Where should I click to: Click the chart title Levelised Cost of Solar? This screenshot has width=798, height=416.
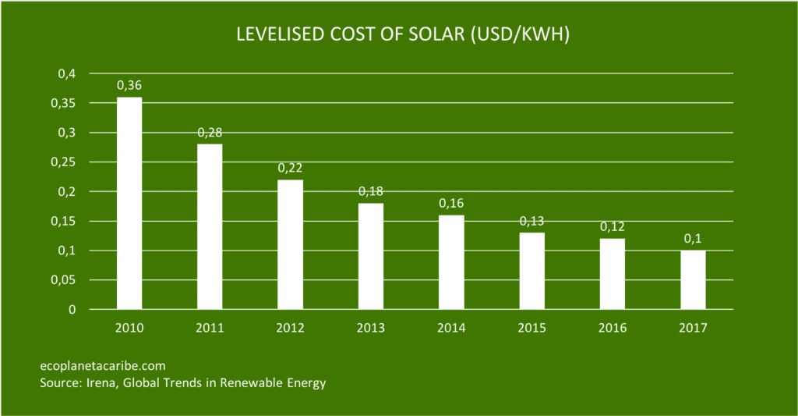click(398, 36)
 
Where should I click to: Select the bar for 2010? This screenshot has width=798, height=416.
click(129, 203)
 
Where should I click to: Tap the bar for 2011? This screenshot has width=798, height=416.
click(210, 226)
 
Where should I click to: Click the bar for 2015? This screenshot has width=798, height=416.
click(532, 271)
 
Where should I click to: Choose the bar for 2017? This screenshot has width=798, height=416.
click(693, 279)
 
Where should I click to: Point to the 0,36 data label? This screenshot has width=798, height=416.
click(129, 84)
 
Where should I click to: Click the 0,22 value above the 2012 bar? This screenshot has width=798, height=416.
click(291, 167)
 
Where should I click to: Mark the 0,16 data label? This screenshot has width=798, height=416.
click(451, 203)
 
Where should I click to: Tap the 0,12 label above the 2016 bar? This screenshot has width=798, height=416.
click(613, 226)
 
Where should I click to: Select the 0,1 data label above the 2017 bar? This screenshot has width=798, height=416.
click(693, 238)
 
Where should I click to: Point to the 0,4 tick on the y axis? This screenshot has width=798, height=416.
click(67, 73)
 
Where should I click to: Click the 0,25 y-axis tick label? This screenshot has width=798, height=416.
click(64, 162)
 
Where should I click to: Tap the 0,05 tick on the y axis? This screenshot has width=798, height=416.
click(64, 279)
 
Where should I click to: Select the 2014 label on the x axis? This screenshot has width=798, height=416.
click(451, 329)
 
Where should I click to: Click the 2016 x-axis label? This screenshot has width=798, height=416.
click(613, 329)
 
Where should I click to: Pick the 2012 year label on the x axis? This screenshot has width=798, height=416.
click(291, 329)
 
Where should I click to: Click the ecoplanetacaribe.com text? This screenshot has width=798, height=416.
click(102, 365)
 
